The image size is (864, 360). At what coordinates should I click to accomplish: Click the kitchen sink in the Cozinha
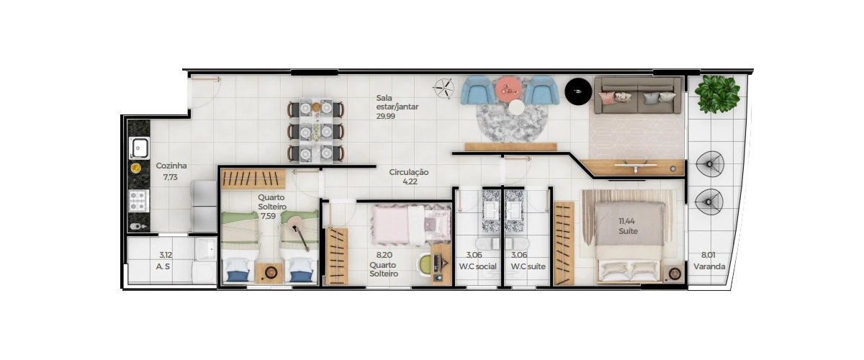click(139, 148)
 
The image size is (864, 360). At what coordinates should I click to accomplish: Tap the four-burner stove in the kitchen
click(138, 201)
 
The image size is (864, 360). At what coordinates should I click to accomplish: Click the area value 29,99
click(386, 116)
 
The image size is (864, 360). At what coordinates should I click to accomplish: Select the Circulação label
click(408, 172)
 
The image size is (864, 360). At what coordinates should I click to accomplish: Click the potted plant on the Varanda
click(717, 94)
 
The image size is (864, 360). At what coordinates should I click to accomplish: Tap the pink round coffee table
click(508, 89)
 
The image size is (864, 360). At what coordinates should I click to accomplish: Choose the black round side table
click(577, 91)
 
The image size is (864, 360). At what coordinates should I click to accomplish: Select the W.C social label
click(477, 266)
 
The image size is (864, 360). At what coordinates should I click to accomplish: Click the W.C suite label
click(528, 266)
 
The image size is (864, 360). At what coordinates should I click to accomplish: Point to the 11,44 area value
click(627, 221)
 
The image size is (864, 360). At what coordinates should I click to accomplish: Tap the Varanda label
click(709, 266)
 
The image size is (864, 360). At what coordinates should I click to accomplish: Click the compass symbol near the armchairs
click(444, 88)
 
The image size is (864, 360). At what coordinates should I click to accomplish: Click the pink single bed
click(411, 225)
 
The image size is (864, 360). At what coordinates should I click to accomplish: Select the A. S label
click(163, 266)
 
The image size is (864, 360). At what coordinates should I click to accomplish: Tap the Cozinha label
click(171, 166)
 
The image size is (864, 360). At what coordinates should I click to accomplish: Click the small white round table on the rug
click(516, 107)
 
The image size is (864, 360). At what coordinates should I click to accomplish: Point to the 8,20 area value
click(384, 255)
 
